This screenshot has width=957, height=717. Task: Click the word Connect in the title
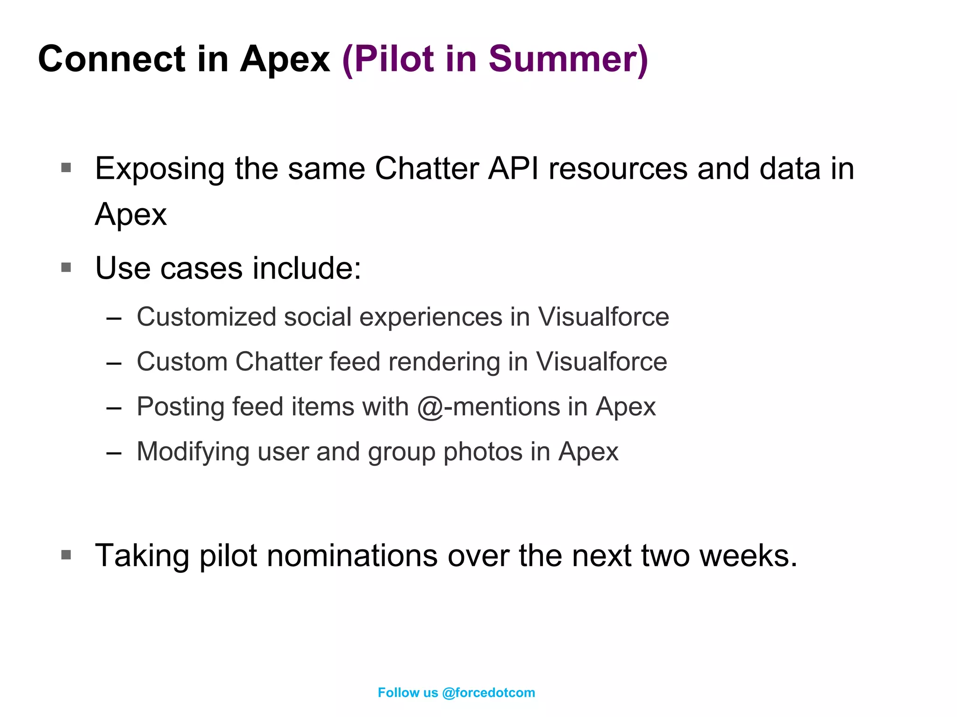point(112,59)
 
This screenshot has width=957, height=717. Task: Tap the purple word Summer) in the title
point(568,59)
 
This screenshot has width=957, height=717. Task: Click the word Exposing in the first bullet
point(159,169)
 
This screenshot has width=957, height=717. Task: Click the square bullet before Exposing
point(66,167)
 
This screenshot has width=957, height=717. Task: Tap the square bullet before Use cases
point(66,267)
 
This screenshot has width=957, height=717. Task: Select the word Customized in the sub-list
point(207,317)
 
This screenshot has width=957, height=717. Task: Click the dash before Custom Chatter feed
point(114,363)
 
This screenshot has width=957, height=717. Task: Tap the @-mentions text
point(488,407)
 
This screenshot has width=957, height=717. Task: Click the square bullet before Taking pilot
point(66,555)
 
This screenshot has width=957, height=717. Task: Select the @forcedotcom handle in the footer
point(488,693)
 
